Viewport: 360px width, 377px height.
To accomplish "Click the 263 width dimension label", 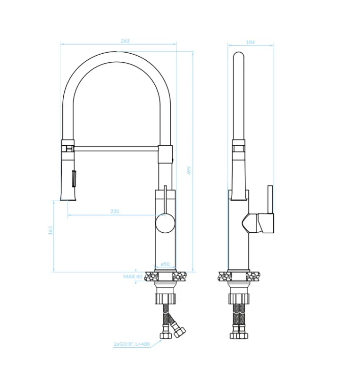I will [125, 41].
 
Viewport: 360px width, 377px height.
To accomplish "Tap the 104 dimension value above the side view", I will [251, 42].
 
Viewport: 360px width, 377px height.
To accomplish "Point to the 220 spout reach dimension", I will [115, 212].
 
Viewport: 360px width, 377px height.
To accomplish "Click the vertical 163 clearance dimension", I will [50, 230].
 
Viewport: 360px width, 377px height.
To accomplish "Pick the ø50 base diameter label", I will [165, 264].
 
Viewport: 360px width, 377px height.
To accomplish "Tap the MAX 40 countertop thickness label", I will [133, 277].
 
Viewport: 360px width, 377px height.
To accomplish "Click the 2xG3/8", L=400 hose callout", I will [132, 344].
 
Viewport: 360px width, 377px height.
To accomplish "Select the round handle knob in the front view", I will [165, 223].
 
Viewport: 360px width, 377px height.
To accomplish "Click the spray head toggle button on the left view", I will [73, 179].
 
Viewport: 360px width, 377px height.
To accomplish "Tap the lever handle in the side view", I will [270, 200].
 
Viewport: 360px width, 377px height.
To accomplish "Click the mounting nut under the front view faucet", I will [165, 298].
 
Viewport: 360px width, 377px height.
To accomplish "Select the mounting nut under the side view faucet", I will [239, 298].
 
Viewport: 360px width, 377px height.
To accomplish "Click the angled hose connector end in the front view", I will [179, 332].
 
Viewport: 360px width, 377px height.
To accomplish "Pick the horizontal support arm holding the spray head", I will [116, 148].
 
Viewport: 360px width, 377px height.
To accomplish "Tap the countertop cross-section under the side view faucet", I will [239, 276].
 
